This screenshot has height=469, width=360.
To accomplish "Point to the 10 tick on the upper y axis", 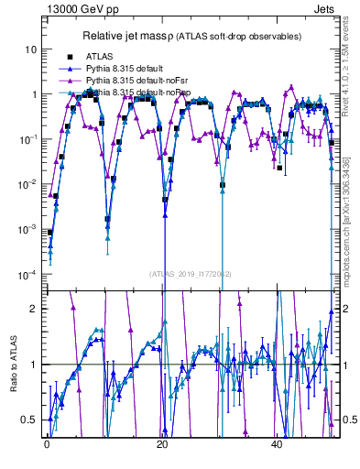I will (x=32, y=49).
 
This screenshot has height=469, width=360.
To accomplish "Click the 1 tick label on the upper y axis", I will (x=35, y=94).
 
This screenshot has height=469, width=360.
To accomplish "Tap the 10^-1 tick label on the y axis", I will (x=30, y=139).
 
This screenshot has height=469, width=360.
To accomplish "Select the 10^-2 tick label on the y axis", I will (x=30, y=184).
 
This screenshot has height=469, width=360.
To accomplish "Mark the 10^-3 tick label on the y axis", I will (x=30, y=229).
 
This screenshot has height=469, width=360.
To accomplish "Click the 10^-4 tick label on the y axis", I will (x=30, y=274).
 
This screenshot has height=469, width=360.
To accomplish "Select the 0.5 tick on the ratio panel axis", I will (x=31, y=420).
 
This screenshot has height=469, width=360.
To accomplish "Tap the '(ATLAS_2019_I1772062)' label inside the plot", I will (x=191, y=273).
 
